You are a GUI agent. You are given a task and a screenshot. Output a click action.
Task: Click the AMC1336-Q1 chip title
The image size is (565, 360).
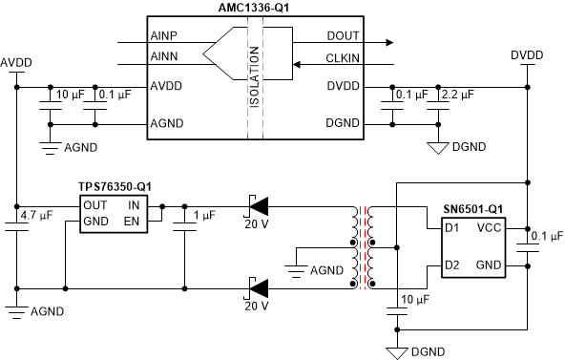coord(255,8)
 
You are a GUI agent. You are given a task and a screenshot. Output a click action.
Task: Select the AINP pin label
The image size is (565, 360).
coord(164,34)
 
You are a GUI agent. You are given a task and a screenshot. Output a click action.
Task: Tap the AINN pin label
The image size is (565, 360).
coord(164,57)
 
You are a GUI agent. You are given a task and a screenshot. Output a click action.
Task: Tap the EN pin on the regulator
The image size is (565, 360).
coord(134,221)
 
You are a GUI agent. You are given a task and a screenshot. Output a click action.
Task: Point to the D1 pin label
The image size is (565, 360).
coord(452,229)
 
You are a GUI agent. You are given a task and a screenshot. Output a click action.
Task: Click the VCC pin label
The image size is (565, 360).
coord(489,229)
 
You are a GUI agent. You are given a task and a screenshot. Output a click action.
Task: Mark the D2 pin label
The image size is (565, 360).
coord(452,264)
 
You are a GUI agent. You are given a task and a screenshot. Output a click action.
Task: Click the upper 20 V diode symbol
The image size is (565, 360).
coord(258,203)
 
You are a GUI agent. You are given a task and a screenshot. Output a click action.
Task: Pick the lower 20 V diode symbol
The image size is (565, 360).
coord(258,286)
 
